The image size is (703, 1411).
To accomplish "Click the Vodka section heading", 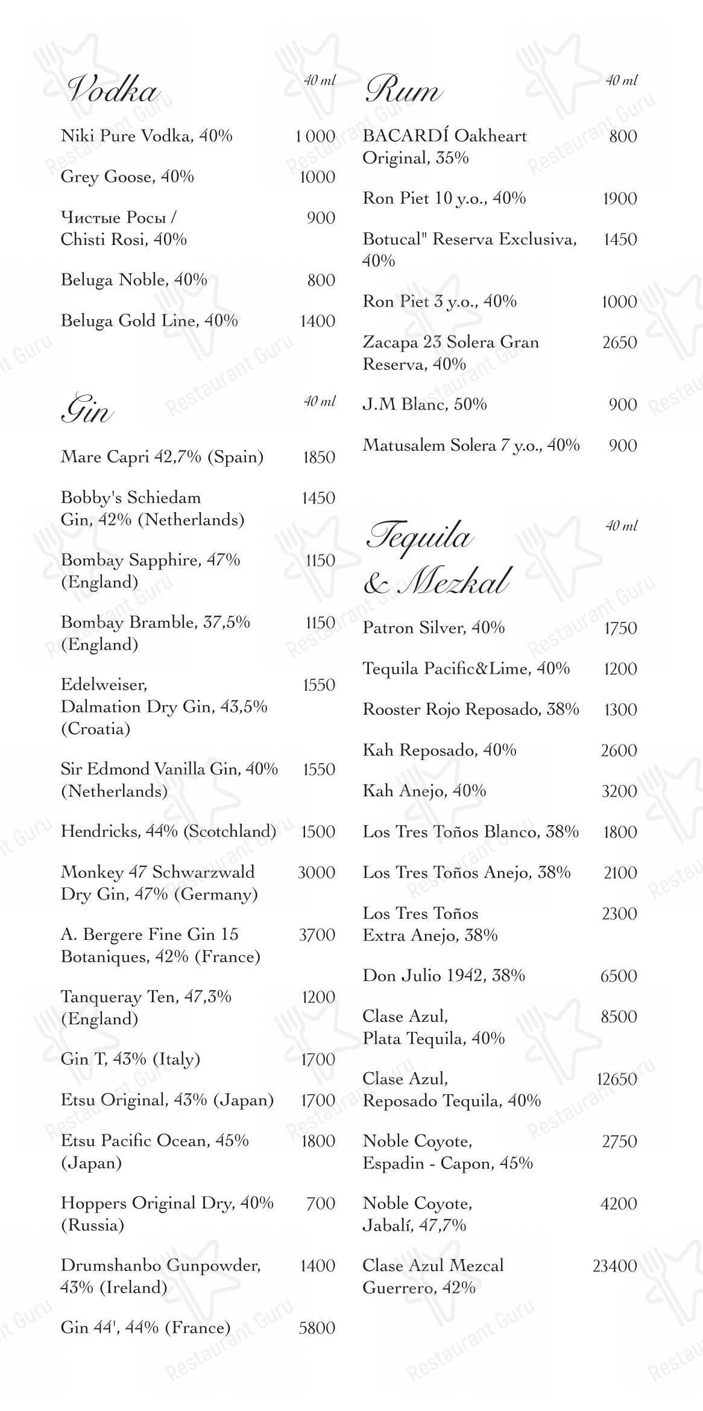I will coord(113,91).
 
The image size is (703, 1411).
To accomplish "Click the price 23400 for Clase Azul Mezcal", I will coord(614,1266).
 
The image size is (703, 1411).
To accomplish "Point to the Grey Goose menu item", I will coord(127,177).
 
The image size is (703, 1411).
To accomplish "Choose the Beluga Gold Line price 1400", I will coord(318,321).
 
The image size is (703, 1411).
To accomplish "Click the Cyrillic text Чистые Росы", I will coord(118,217).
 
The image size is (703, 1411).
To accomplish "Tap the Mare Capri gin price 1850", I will coord(318,457).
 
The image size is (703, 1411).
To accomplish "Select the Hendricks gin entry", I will coord(168,831).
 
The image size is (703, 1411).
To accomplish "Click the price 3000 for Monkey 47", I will coord(317,872).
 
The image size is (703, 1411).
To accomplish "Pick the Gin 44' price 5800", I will coord(317,1328).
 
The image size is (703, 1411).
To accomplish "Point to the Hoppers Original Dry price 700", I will coord(321,1203).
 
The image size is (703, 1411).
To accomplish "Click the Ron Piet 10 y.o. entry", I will coord(444,198).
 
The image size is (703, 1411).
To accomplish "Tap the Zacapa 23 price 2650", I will coord(620,343).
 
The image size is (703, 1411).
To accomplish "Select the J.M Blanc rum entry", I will coord(424,404).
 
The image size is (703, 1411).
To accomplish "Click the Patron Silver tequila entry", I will coord(433,628).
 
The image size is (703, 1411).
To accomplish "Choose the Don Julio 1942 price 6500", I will coord(619,976).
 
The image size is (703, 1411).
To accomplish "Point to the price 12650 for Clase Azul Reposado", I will coord(617,1079).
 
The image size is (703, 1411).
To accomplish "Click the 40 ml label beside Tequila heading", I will coord(621,525).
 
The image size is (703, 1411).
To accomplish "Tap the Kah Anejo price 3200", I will coord(619,791).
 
